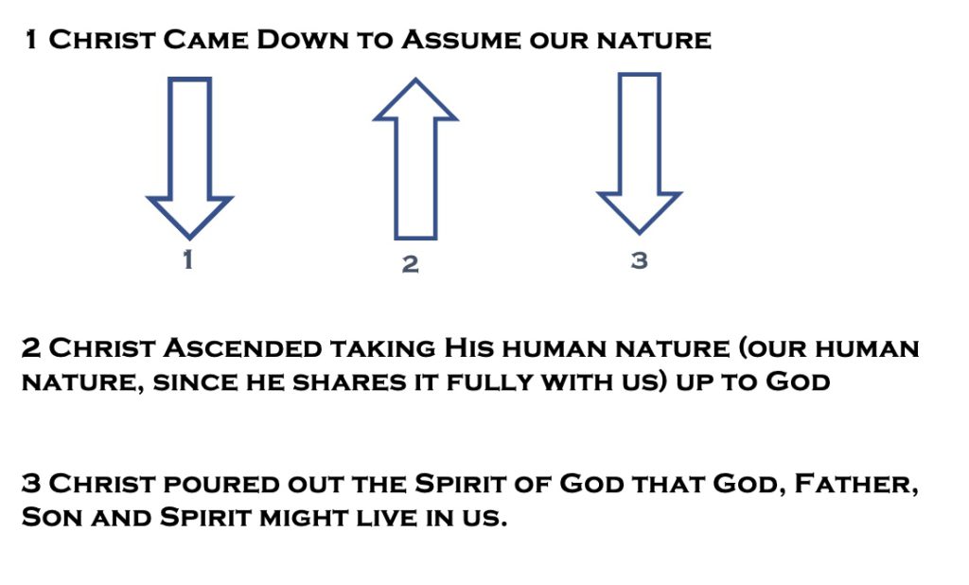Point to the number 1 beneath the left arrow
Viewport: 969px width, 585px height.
(x=188, y=259)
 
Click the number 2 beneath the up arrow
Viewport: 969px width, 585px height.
(x=411, y=264)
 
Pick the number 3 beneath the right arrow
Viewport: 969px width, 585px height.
(x=639, y=260)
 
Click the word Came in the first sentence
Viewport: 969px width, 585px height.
(x=205, y=40)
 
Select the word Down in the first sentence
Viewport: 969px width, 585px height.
(x=302, y=40)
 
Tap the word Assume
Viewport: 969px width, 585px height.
(x=461, y=40)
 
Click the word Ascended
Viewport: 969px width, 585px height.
(x=241, y=348)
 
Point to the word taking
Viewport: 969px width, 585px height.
(x=382, y=349)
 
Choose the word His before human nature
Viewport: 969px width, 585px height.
(x=469, y=348)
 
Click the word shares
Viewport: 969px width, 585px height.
(x=348, y=382)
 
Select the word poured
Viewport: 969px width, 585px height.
(x=221, y=485)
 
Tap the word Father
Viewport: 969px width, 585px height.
(x=855, y=485)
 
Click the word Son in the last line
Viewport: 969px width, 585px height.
(x=52, y=517)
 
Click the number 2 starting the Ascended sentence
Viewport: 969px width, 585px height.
(x=31, y=348)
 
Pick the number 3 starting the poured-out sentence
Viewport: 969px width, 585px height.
(x=31, y=484)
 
